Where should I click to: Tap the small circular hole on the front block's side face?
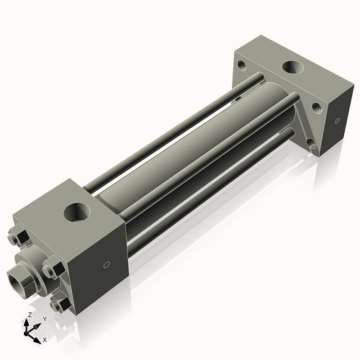[x=107, y=264]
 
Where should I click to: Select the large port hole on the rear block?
[x=292, y=68]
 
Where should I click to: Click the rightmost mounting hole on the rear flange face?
[x=316, y=108]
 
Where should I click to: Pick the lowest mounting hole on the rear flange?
[x=312, y=145]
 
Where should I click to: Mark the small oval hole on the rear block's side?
[x=335, y=122]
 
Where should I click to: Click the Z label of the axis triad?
[x=28, y=315]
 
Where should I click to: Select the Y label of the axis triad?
[x=44, y=318]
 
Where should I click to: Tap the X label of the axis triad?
[x=45, y=338]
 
